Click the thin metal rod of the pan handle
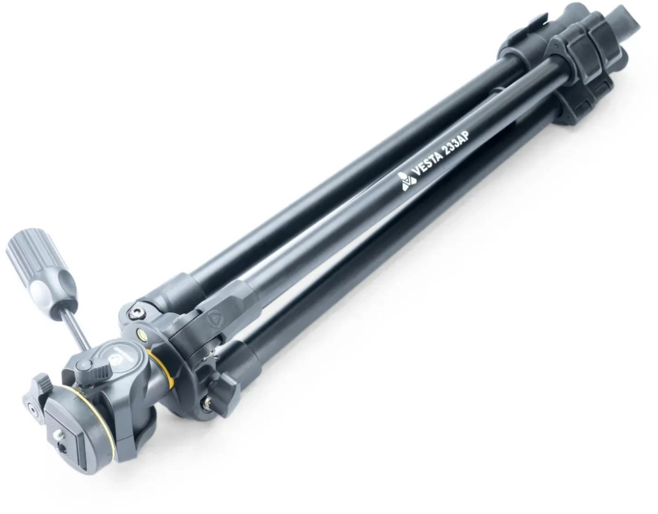(x=78, y=328)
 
